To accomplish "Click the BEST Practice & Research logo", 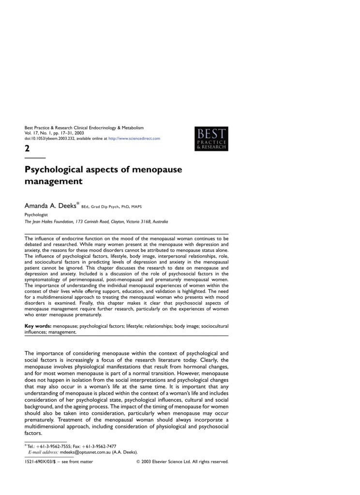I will [211, 139].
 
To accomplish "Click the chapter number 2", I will [28, 148].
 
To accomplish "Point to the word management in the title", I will [54, 182].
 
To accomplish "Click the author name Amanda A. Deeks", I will [50, 206].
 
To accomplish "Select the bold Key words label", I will [38, 327].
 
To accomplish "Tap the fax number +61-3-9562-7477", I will [99, 446].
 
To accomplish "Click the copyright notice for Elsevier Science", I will [183, 462].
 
